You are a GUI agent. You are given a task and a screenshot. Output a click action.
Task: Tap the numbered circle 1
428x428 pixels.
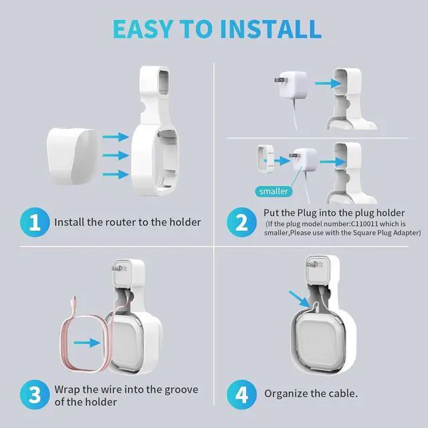pyautogui.click(x=33, y=221)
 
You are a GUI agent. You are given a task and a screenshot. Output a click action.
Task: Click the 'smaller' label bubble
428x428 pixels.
pyautogui.click(x=272, y=191)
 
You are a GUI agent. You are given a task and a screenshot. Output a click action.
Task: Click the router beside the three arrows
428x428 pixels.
pyautogui.click(x=70, y=156)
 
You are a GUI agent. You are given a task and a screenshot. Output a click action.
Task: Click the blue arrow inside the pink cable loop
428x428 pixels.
pyautogui.click(x=88, y=342)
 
